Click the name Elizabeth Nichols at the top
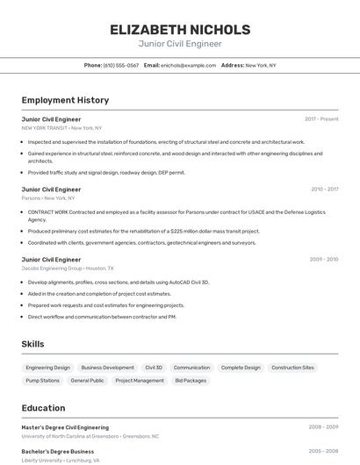179,29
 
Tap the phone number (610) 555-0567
121,65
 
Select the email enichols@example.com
189,65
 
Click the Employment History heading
65,100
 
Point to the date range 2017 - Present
321,119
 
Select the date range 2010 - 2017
324,190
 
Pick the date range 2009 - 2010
324,260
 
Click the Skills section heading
32,344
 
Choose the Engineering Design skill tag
47,368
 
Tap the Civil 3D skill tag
154,368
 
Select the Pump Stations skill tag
42,381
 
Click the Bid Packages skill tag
191,381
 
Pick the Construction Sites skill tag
292,368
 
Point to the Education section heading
43,408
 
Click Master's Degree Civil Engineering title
65,427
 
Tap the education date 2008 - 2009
323,427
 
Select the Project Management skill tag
140,381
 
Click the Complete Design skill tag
241,368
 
